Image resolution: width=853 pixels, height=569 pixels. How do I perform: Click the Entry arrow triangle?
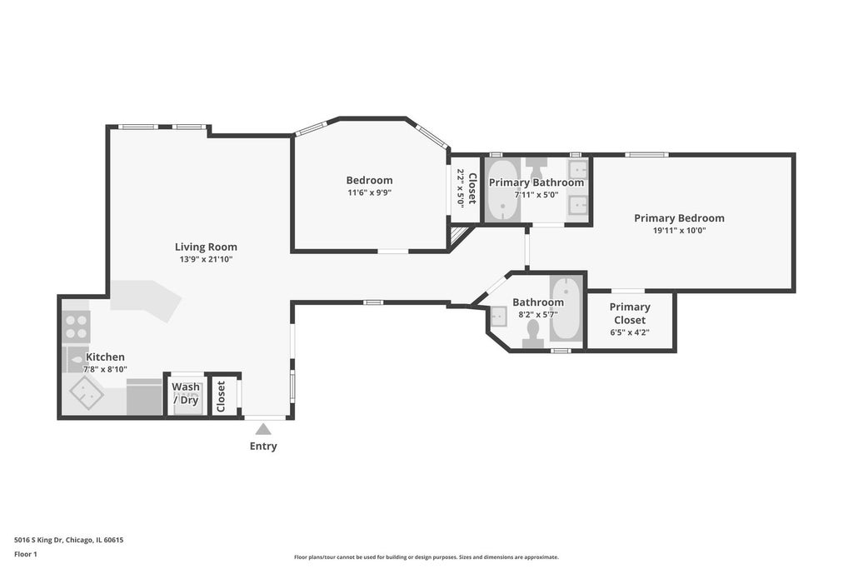point(263,429)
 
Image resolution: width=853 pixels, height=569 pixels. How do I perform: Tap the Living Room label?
point(206,247)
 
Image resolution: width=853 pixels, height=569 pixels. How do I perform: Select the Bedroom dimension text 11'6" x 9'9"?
point(369,192)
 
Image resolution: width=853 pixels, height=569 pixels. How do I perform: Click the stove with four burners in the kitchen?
point(76,326)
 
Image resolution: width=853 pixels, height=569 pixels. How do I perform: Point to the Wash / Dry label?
point(186,393)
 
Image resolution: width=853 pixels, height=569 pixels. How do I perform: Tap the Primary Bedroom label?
point(679,218)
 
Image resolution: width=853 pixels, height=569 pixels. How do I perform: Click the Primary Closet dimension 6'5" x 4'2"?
point(630,332)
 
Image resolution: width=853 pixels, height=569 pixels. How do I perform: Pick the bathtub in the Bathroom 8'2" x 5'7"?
point(566,309)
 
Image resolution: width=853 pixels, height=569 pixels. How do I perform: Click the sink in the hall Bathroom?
point(499,316)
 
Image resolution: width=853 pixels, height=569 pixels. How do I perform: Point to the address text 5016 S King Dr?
point(39,540)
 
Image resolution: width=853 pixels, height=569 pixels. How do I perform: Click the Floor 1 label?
point(26,554)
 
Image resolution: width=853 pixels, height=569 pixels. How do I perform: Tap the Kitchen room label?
point(106,357)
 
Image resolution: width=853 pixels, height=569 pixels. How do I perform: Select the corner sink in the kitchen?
point(86,392)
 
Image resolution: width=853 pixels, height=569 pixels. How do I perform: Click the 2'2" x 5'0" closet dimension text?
point(460,188)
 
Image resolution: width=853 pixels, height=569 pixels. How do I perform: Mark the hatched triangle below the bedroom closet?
point(457,235)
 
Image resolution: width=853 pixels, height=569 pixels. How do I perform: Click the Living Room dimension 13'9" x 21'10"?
point(207,259)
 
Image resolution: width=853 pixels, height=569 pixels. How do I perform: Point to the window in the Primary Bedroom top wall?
point(646,155)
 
